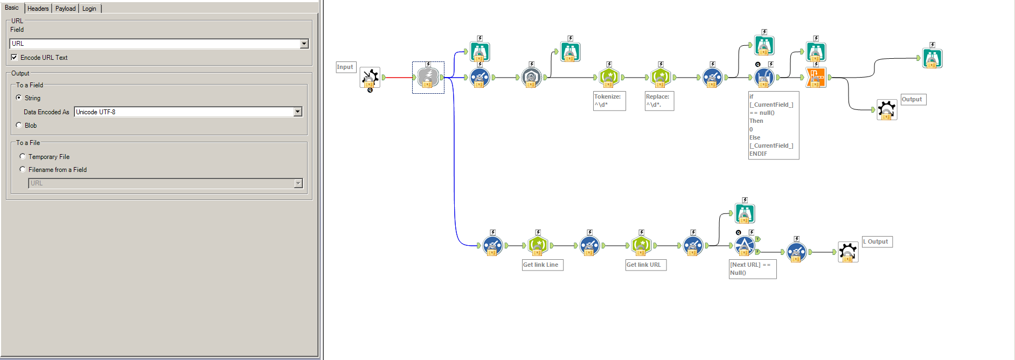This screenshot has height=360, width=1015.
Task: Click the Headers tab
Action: coord(38,9)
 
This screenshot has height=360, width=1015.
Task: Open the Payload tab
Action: coord(65,9)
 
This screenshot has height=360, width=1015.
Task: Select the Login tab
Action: coord(89,9)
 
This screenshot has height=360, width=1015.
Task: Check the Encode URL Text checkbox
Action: coord(15,58)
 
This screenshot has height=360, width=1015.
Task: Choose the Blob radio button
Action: coord(19,125)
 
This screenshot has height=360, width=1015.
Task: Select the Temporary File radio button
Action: coord(23,156)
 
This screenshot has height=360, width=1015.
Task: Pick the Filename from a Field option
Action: coord(23,169)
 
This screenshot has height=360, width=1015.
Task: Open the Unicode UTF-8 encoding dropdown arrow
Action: coord(297,112)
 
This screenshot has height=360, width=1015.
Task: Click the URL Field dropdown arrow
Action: coord(304,44)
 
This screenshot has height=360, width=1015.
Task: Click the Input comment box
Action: coord(345,67)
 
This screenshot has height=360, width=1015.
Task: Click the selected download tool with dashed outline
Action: coord(428,78)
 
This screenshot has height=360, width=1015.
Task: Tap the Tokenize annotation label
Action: coord(609,101)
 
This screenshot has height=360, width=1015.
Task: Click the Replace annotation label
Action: coord(659,101)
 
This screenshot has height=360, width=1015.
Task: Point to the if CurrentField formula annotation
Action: coord(773,125)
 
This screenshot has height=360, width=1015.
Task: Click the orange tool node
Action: coord(816,78)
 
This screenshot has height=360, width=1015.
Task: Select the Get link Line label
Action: coord(542,265)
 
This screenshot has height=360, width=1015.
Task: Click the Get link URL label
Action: coord(645,265)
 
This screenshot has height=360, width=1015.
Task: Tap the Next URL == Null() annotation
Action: coord(752,268)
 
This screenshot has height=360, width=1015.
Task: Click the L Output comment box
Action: coord(877,241)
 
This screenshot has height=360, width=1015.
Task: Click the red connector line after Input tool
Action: coord(399,78)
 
